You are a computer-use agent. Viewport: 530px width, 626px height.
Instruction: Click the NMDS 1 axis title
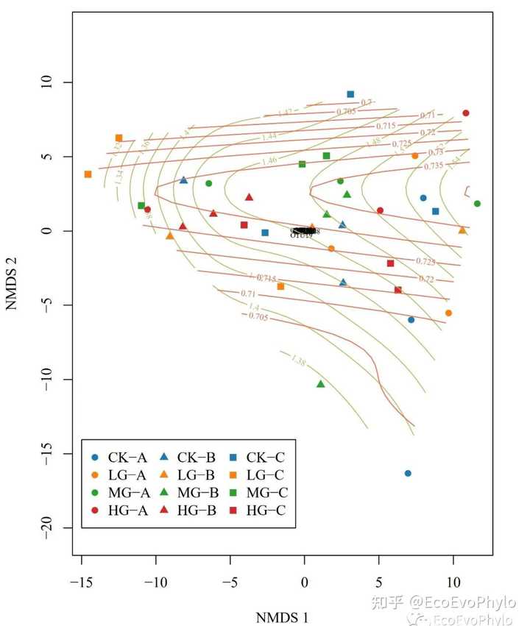point(282,615)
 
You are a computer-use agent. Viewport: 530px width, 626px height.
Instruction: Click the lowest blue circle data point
point(408,473)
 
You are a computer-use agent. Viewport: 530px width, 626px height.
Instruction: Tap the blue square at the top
point(350,94)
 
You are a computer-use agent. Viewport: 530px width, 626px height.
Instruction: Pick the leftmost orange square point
point(88,174)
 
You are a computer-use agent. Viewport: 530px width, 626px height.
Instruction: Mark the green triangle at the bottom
point(320,384)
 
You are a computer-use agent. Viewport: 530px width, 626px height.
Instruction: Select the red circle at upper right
point(465,113)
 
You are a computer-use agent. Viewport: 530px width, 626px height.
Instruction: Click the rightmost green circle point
point(477,204)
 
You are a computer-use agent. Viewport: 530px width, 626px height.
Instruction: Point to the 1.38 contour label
point(298,360)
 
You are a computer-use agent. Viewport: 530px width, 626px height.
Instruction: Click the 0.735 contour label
point(434,166)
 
